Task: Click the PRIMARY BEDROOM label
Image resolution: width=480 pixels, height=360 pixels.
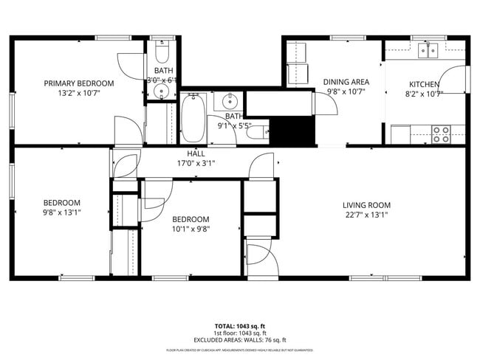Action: coord(79,83)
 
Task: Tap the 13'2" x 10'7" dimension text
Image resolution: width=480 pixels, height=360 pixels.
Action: coord(79,94)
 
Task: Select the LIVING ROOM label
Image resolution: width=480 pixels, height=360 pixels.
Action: coord(366,205)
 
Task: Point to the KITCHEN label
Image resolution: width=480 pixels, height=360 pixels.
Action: coord(424,84)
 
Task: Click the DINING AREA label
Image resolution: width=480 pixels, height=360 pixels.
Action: coord(346,82)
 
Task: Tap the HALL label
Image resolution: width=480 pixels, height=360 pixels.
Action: coord(185,153)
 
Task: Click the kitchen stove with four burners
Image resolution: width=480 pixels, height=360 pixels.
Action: coord(441,134)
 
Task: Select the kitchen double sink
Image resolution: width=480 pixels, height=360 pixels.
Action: coord(427,50)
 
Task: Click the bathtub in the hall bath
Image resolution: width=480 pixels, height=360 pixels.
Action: coord(195,118)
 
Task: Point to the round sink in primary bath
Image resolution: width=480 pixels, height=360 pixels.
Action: coord(162,91)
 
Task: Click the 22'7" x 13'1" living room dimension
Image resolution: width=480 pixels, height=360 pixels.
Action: coord(366,215)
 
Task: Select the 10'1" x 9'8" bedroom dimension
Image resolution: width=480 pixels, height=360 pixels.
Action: coord(191,229)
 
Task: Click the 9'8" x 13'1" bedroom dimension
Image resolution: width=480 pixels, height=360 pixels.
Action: coord(61,213)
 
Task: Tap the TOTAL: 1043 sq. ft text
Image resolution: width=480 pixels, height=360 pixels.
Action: coord(239,325)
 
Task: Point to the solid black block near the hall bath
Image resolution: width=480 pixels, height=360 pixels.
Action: coord(290,132)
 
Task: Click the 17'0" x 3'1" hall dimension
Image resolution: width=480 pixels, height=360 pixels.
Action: coord(196,163)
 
